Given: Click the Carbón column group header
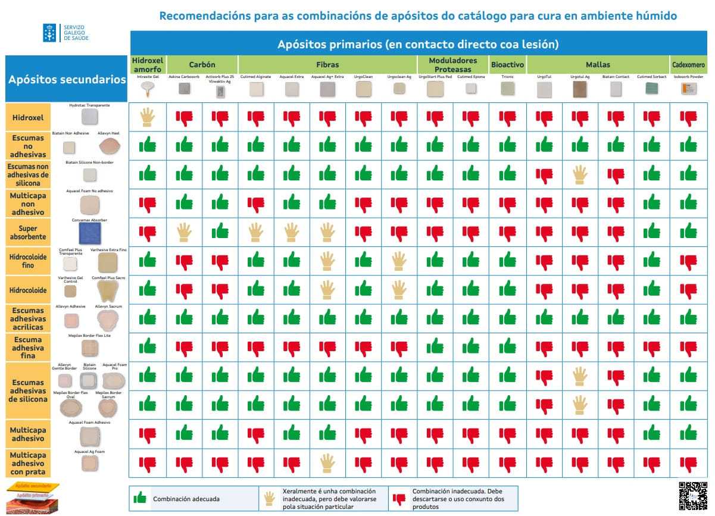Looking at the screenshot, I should (202, 64).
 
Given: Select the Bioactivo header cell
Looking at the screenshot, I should (507, 64).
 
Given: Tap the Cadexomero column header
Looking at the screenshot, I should (688, 64).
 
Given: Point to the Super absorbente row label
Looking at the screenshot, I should (28, 232).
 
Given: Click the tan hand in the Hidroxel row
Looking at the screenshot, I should (147, 117).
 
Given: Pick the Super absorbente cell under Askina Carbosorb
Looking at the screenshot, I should (185, 232).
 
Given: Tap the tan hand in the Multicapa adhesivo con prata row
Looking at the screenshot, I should (326, 463).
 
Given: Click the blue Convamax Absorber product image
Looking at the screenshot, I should (90, 232).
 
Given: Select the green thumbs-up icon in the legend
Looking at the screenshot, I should (140, 498).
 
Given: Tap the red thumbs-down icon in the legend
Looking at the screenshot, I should (399, 498).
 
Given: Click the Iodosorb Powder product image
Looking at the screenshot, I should (688, 89).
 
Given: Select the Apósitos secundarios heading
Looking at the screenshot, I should (67, 79).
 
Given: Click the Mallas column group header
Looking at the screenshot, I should (597, 64).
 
